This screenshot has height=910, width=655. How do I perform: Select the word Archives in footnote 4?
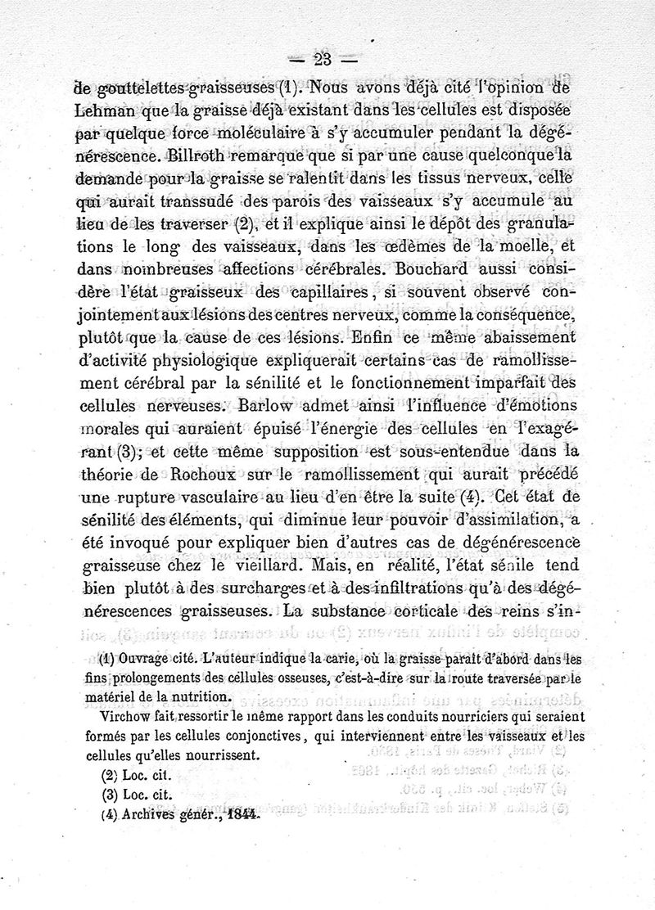[151, 815]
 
